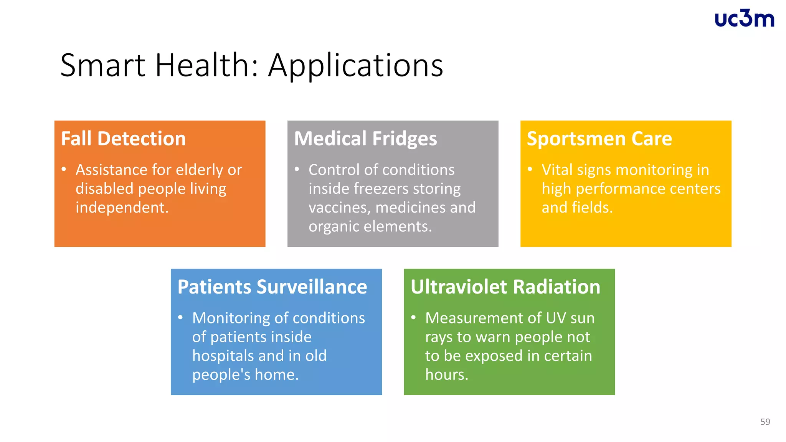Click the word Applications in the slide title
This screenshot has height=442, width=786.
point(355,65)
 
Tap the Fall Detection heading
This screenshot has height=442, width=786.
point(123,139)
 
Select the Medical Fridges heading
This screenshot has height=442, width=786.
point(365,139)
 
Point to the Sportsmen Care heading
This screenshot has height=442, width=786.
point(599,139)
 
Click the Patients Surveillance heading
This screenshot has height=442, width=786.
point(272,287)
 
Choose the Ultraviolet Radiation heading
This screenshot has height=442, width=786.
point(505,287)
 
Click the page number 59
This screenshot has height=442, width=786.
point(765,422)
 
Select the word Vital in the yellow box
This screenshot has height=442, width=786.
point(557,170)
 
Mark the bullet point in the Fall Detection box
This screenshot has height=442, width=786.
point(64,169)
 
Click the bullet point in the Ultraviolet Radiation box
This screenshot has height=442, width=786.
point(413,317)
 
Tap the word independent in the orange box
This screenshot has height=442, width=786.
point(122,208)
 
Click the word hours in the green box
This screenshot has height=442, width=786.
point(446,374)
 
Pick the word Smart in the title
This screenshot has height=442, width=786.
point(102,65)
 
